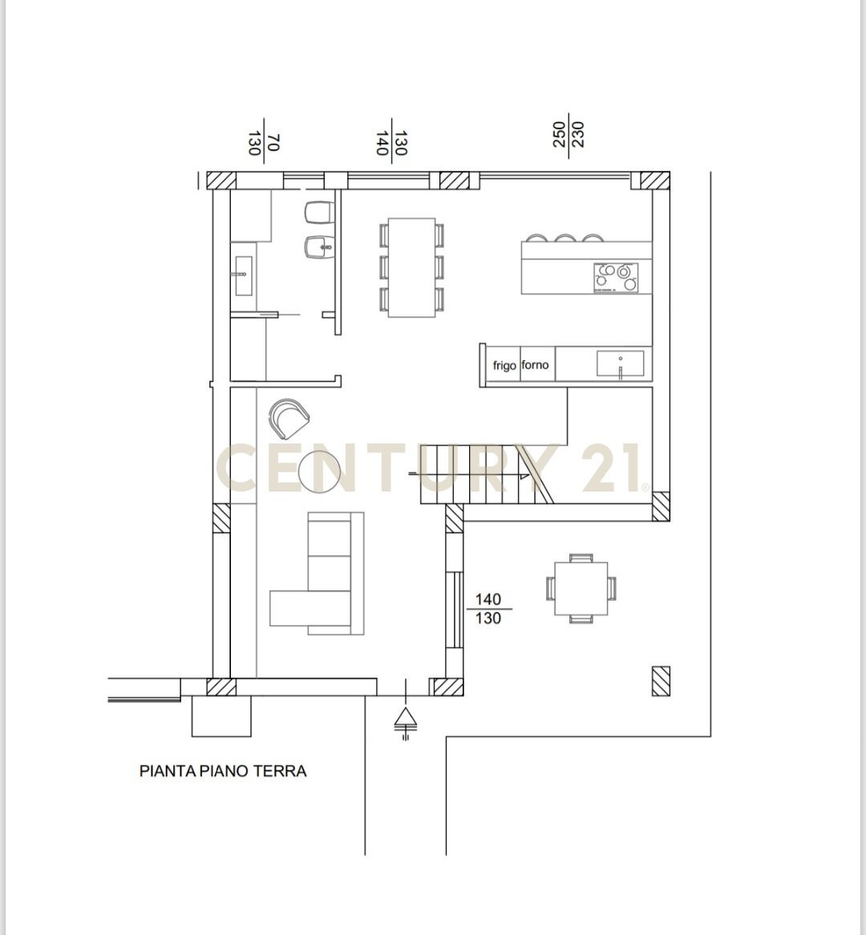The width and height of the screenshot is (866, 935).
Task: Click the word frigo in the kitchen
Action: point(504,366)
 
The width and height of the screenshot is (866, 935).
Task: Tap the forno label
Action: point(535,365)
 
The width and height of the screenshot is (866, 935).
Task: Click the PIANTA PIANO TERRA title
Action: point(223,771)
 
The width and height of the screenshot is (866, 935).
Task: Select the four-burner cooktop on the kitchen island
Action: point(617,277)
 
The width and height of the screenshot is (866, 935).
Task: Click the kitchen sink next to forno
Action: point(620,363)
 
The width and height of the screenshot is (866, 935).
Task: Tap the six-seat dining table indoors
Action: point(411,267)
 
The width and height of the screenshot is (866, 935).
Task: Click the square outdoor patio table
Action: point(581,588)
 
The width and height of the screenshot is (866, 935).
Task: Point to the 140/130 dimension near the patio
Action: point(488,609)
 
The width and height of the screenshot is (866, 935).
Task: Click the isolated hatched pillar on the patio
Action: point(661,681)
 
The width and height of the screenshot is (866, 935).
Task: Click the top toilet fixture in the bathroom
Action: point(317,212)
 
